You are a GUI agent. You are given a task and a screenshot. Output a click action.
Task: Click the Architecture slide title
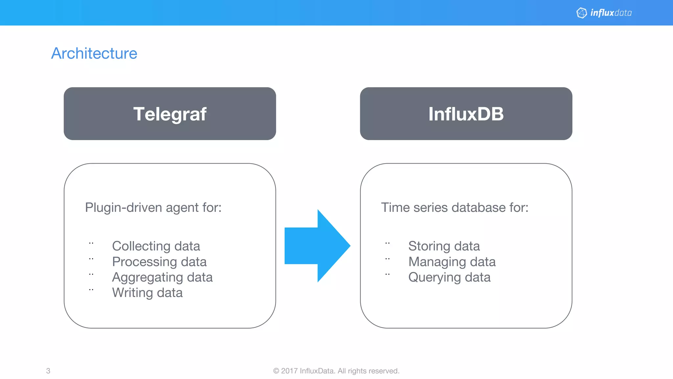(x=94, y=53)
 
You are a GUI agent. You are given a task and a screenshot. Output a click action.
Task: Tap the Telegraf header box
(x=170, y=114)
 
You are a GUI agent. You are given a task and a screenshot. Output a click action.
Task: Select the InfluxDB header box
(x=466, y=114)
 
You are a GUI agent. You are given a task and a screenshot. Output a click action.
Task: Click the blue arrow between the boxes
(x=317, y=246)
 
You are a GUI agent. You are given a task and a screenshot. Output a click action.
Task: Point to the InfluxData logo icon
(x=581, y=13)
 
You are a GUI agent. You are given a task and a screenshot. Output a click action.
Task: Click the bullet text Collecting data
(x=156, y=246)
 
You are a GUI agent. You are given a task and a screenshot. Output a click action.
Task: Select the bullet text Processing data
(x=159, y=262)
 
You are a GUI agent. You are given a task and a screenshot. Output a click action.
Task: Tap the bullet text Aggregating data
(x=162, y=277)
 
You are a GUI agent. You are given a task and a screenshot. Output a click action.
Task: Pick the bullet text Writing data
(x=147, y=293)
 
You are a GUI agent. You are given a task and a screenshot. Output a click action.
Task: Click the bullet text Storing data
(x=444, y=246)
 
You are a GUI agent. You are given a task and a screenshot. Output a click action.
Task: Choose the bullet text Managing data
(x=452, y=262)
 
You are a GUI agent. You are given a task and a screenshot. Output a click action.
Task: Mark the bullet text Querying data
(x=449, y=277)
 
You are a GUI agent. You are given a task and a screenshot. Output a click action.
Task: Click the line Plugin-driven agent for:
(x=153, y=208)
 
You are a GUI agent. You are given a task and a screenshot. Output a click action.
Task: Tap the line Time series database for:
(x=454, y=208)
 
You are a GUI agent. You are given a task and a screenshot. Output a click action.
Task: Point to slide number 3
(x=48, y=371)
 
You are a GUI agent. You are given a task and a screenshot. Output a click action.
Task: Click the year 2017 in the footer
(x=289, y=371)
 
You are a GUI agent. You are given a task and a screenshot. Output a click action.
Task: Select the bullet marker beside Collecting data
(x=91, y=243)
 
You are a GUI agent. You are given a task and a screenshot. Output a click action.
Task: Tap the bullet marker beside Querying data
(x=387, y=274)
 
